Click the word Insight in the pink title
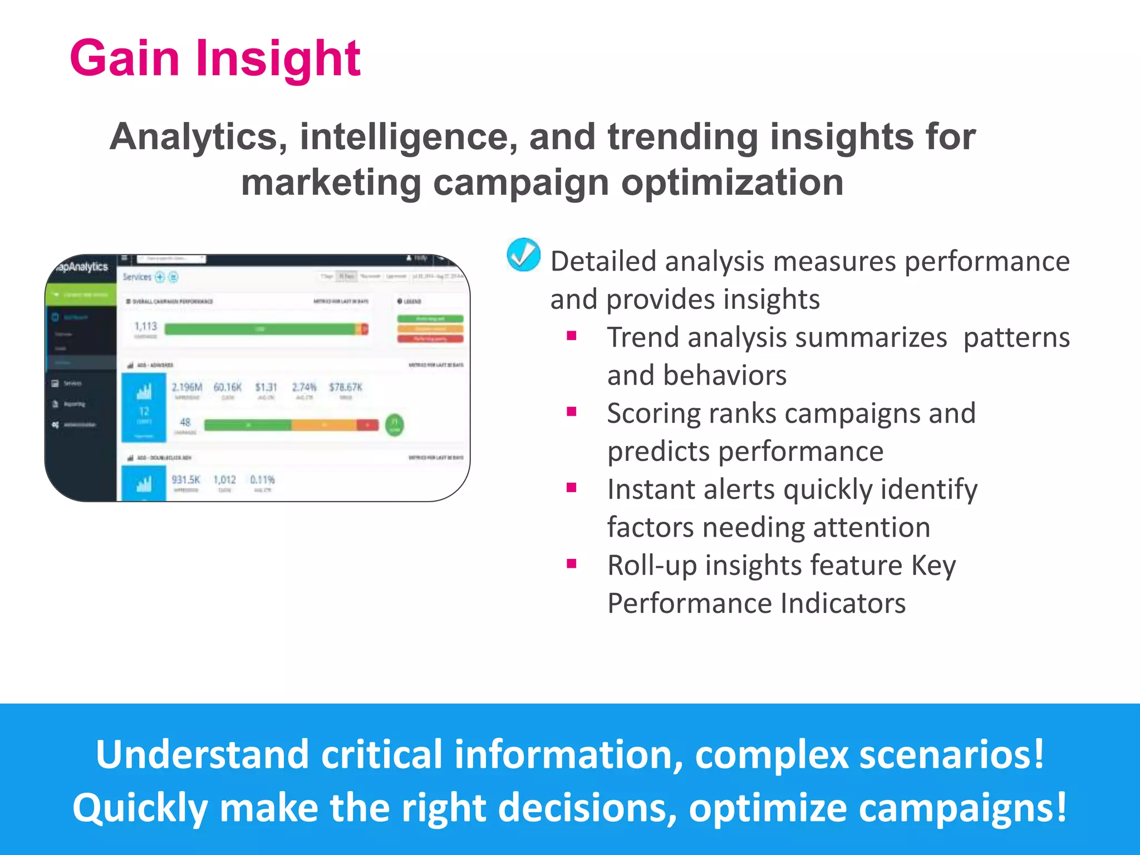278,58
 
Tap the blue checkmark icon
523,255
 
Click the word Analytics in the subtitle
198,137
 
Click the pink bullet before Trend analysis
571,336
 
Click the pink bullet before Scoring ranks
571,412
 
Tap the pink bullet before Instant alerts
571,488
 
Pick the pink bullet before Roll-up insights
571,564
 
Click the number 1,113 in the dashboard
146,326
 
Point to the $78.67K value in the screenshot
345,387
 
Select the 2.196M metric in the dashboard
186,387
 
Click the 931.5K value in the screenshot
185,480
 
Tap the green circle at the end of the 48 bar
395,425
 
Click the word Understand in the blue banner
202,755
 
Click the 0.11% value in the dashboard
262,480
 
